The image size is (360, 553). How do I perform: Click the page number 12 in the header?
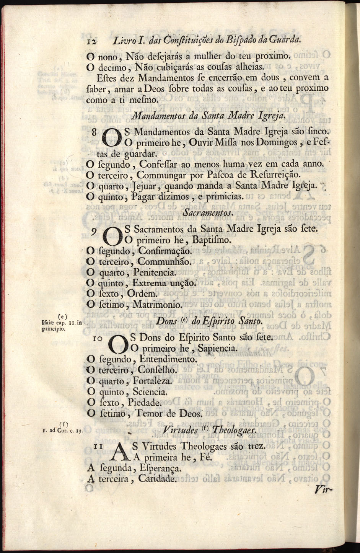pos(91,41)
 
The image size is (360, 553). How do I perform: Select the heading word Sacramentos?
pos(209,212)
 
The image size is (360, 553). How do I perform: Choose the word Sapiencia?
pos(218,349)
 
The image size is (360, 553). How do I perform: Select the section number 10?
pos(98,338)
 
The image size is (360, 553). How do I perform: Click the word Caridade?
pos(157,478)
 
